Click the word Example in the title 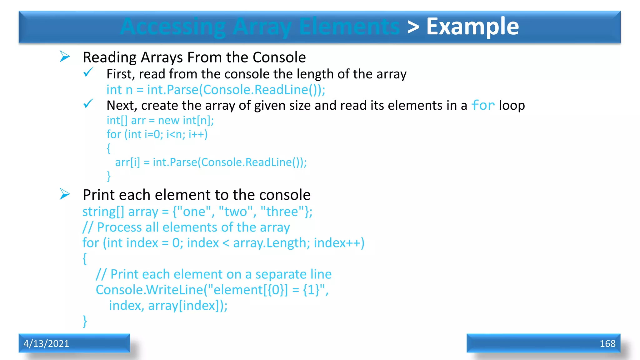click(472, 27)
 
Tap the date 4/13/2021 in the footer click(46, 343)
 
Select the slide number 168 click(607, 343)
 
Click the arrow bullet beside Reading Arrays click(65, 57)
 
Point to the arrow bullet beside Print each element click(65, 194)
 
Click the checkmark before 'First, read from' click(88, 72)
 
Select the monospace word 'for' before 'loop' click(483, 105)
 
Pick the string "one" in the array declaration click(194, 212)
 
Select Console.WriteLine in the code click(149, 290)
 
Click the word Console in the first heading click(279, 57)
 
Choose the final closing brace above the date click(85, 321)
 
